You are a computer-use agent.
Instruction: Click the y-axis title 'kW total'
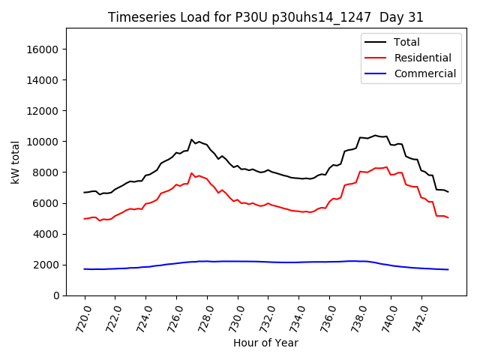point(16,161)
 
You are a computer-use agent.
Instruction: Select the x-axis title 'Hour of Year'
point(265,343)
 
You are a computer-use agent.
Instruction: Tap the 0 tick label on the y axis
point(55,295)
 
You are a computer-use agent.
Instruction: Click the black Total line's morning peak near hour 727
point(192,139)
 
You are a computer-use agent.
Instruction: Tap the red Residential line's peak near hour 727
point(192,173)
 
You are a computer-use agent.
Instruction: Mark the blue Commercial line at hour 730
point(238,261)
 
